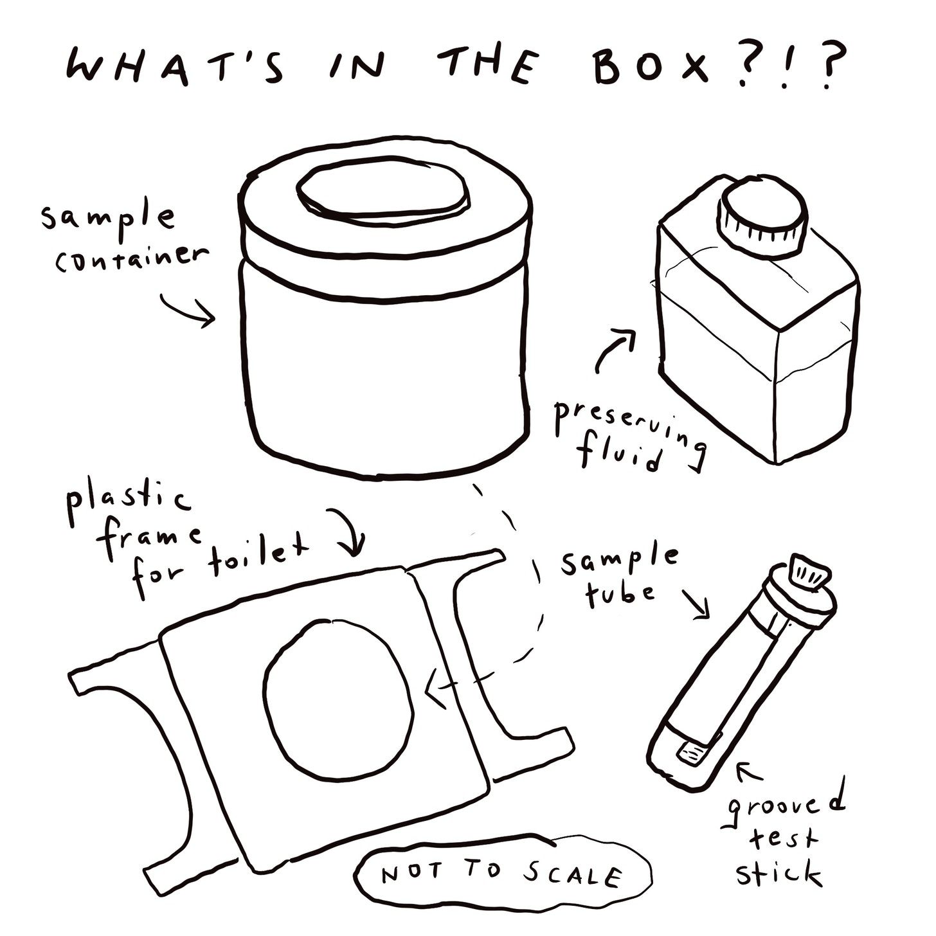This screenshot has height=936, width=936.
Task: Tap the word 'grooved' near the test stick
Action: [786, 806]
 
